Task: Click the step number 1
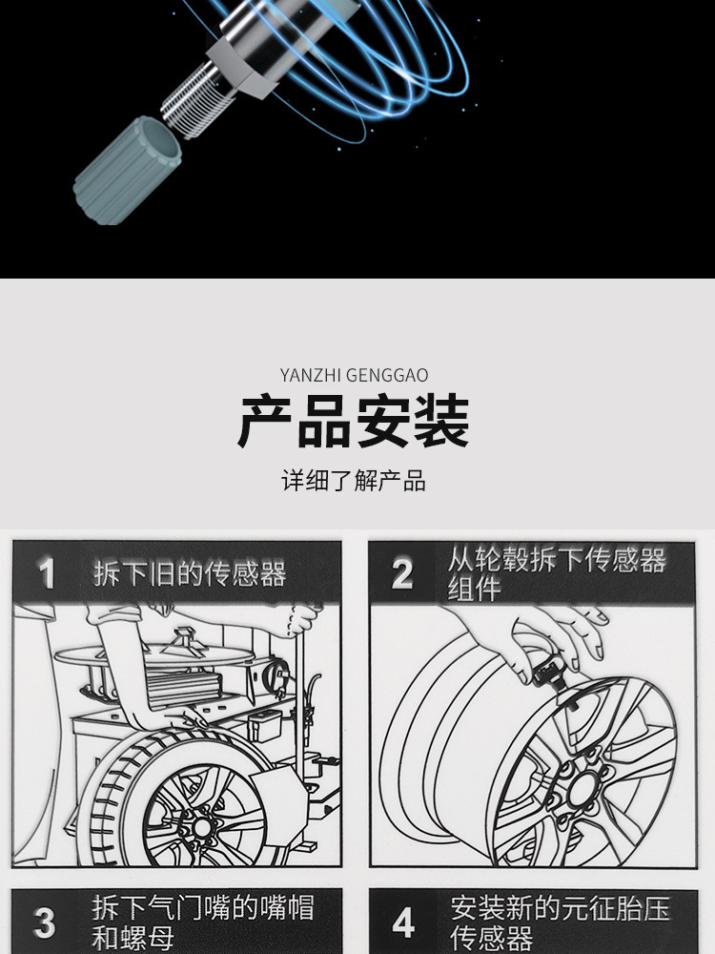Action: pyautogui.click(x=47, y=574)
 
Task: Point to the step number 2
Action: pyautogui.click(x=403, y=574)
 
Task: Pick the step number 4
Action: pyautogui.click(x=404, y=923)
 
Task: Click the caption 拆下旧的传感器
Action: pyautogui.click(x=190, y=574)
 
